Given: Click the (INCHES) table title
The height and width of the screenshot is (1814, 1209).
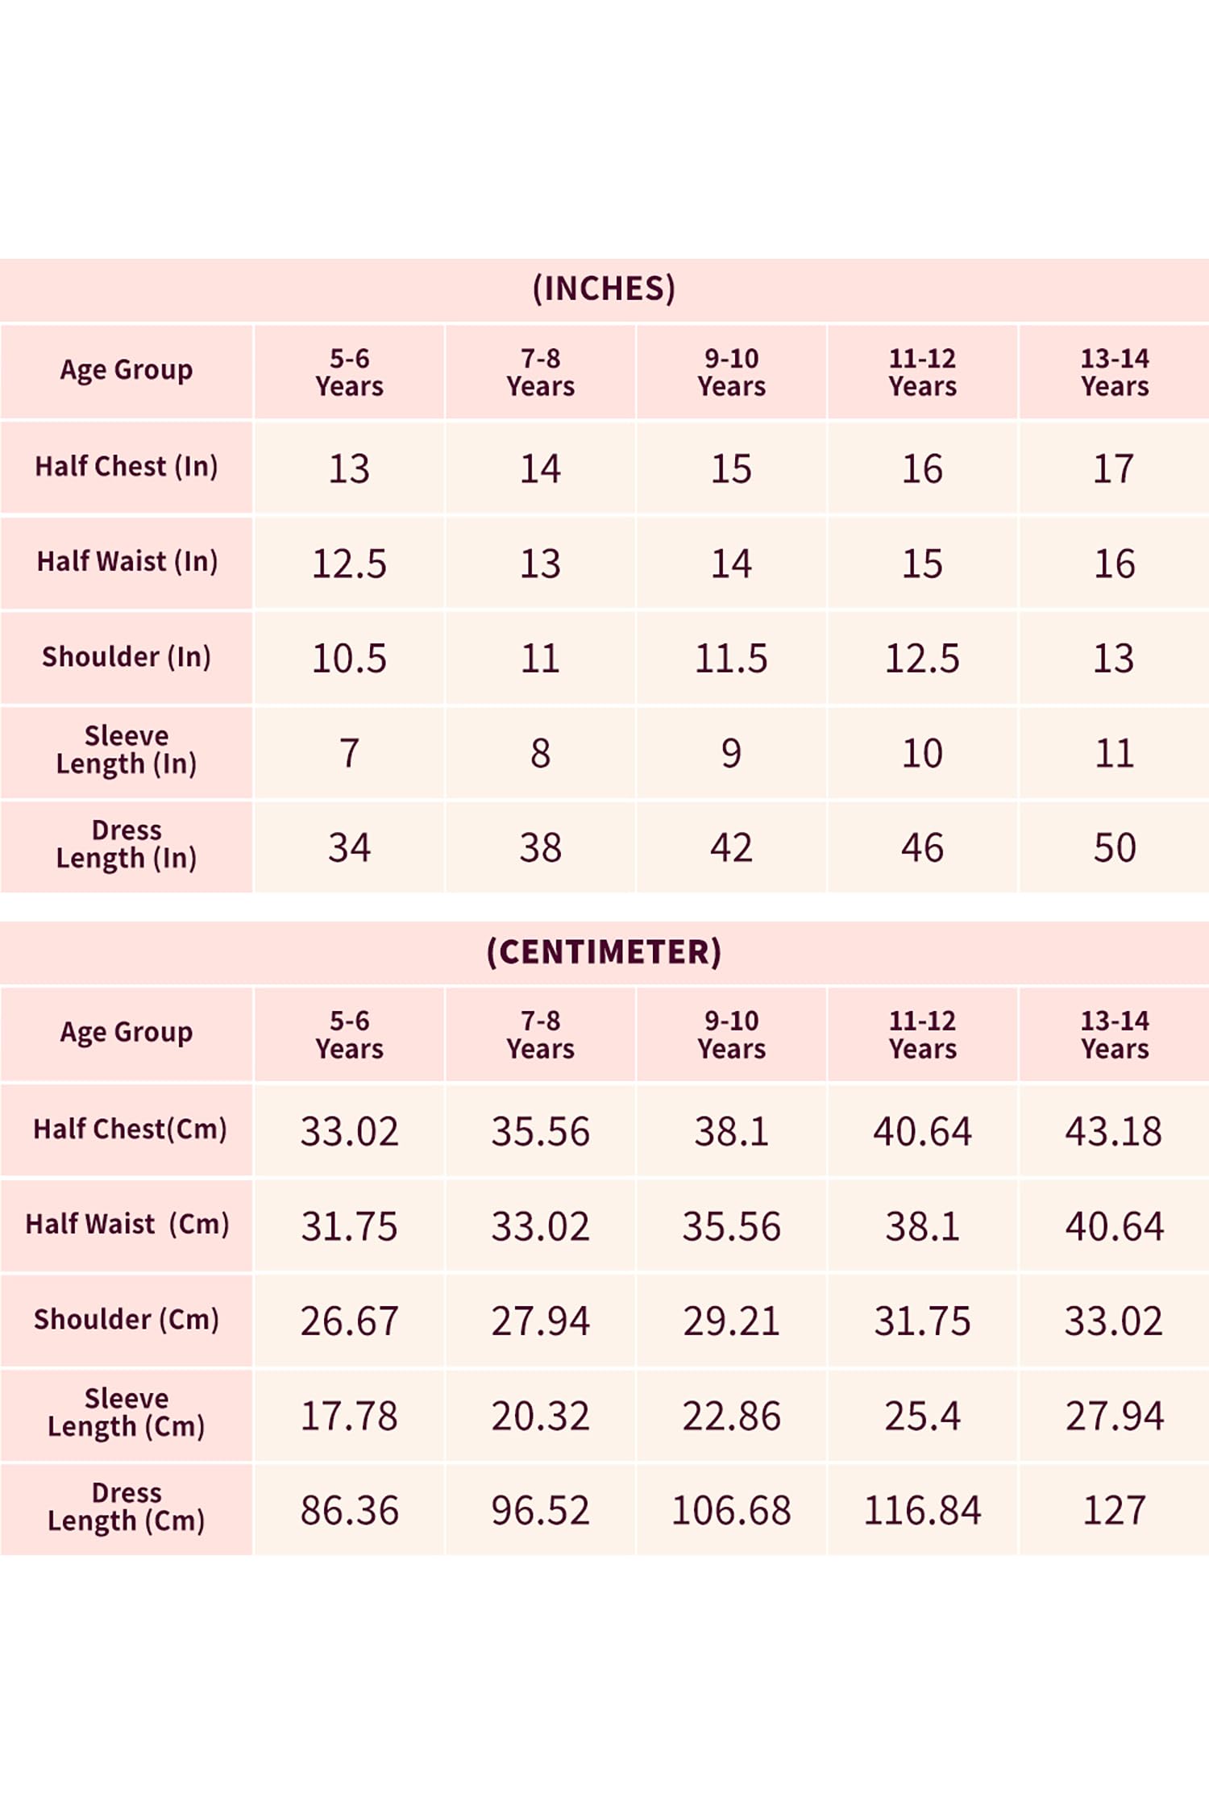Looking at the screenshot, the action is pos(604,289).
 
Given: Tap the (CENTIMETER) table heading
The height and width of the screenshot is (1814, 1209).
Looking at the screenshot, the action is pos(604,951).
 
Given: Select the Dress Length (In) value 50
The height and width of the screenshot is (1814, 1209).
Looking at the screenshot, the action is pos(1115,848).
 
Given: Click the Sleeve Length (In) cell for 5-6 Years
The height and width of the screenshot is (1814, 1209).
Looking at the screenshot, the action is pos(349,753).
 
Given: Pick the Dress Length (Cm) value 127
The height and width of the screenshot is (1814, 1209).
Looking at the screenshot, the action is pos(1115,1510).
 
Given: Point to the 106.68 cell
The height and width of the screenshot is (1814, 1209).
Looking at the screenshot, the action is pos(731,1510).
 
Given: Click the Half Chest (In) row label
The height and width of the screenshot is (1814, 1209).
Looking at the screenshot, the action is pos(127,466).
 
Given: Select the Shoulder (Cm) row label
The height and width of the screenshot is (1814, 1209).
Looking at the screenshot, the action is pos(127,1319).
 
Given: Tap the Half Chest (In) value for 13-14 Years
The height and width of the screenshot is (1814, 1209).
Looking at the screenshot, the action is pos(1114,469).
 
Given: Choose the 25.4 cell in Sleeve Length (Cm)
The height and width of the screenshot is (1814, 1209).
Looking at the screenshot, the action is pos(923,1416).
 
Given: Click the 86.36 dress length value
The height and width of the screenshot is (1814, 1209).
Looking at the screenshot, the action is pos(349,1510).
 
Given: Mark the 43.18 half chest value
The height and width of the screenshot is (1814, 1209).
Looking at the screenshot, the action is pos(1114,1131).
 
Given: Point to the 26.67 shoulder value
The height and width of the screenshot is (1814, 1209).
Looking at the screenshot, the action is pos(349,1321).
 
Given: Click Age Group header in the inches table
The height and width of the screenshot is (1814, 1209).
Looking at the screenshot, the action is pos(127,370).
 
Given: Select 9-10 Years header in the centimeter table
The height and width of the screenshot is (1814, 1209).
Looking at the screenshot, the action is pos(732,1034).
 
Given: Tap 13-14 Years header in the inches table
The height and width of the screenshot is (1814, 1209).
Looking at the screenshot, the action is pos(1115,372).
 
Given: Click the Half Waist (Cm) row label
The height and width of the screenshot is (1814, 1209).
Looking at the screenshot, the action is pos(127,1224).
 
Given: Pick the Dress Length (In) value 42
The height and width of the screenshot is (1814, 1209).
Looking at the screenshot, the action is pos(731,848).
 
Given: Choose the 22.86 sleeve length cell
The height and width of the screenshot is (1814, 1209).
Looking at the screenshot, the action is pos(731,1416).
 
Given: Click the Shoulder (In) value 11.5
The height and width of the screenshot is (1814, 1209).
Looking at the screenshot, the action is pos(731,659).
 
